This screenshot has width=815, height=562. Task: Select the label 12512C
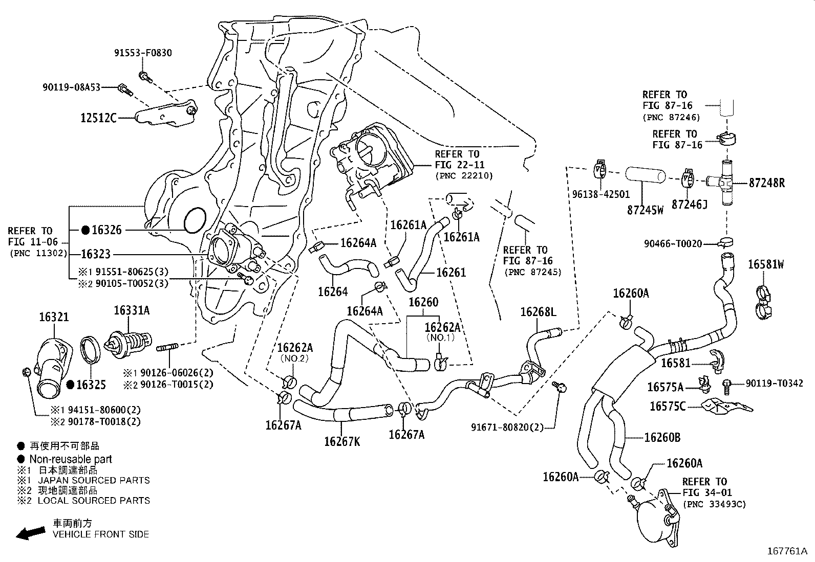click(98, 119)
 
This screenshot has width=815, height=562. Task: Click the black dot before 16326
click(85, 230)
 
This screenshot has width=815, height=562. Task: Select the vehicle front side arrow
click(29, 533)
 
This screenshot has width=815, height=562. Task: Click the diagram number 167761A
click(786, 551)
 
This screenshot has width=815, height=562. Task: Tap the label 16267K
click(341, 441)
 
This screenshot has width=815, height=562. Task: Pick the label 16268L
click(538, 311)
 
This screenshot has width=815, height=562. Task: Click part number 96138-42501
click(601, 195)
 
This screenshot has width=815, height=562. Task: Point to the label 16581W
click(765, 264)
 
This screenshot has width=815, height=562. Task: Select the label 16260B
click(662, 438)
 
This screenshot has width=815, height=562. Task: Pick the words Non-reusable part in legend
click(70, 459)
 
